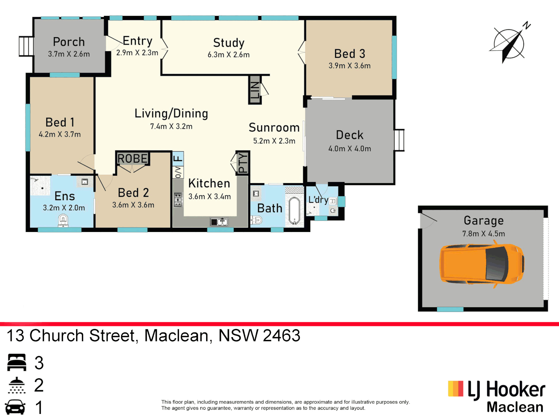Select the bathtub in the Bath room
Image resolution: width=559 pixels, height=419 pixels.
coord(294,211)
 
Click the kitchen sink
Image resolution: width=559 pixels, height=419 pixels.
coord(219,222)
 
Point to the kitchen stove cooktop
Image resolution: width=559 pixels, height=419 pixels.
coord(178,199)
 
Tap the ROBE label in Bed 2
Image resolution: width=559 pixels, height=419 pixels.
coord(132,159)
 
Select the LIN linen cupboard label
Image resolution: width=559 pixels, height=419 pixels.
coord(255,90)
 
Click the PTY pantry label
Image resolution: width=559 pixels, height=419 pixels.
coord(243,163)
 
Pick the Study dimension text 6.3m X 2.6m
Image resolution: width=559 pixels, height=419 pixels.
coord(228,55)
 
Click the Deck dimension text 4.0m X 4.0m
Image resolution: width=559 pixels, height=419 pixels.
coord(349,149)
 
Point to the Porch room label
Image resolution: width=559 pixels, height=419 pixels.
coord(69,42)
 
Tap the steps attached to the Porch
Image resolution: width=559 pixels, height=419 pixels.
coord(26,46)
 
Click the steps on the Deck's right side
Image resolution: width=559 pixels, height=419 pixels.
coord(399,140)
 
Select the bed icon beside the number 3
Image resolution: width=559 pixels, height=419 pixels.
coord(17,362)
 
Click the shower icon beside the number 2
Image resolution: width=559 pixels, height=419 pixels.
coord(17,385)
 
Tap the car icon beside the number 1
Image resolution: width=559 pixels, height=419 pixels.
coord(16,407)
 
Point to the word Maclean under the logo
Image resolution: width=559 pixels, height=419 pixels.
coord(515,407)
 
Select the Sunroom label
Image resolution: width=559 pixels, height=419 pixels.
coord(274,128)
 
